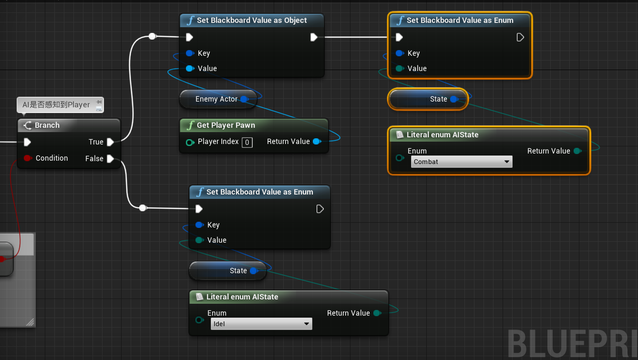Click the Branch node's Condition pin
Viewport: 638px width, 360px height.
[x=27, y=158]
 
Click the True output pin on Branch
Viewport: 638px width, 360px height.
[x=110, y=142]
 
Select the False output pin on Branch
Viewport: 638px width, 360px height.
[x=110, y=159]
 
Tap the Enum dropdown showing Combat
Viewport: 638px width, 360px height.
[x=461, y=162]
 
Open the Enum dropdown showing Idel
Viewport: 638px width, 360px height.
[x=261, y=324]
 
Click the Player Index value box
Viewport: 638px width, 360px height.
[x=247, y=142]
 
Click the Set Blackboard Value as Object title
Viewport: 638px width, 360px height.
[x=252, y=21]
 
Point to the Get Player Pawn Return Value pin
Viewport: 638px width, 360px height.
[x=316, y=142]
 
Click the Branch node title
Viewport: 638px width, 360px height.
[x=47, y=125]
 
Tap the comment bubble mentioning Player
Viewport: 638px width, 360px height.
[x=56, y=105]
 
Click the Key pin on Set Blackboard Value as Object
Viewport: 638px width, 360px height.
[x=190, y=53]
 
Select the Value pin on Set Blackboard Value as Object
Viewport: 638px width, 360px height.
[x=190, y=69]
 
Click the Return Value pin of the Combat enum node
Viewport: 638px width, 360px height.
[x=577, y=151]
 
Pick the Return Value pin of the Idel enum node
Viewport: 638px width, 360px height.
[x=377, y=313]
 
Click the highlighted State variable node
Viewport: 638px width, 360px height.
[x=428, y=99]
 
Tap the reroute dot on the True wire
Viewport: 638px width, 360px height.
[x=152, y=36]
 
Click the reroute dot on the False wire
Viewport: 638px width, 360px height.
[x=143, y=208]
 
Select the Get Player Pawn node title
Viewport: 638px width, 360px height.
[x=226, y=125]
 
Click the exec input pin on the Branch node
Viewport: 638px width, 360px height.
[x=27, y=142]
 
